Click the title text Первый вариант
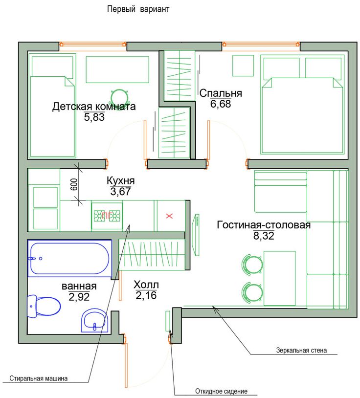click(x=138, y=9)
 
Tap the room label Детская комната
click(x=94, y=107)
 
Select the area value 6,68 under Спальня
click(x=221, y=104)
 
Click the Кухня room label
click(x=121, y=181)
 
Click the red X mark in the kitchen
click(x=169, y=216)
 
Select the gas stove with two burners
click(x=107, y=216)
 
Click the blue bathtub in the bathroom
click(x=70, y=258)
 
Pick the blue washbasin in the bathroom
click(x=95, y=321)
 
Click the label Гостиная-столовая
click(x=264, y=225)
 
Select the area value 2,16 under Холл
click(x=146, y=295)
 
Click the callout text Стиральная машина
click(x=39, y=378)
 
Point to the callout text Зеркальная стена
click(x=301, y=351)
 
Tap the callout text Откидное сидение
click(x=222, y=391)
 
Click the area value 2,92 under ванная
click(x=79, y=297)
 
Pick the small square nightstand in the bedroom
click(x=243, y=66)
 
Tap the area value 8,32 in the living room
click(x=264, y=236)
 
